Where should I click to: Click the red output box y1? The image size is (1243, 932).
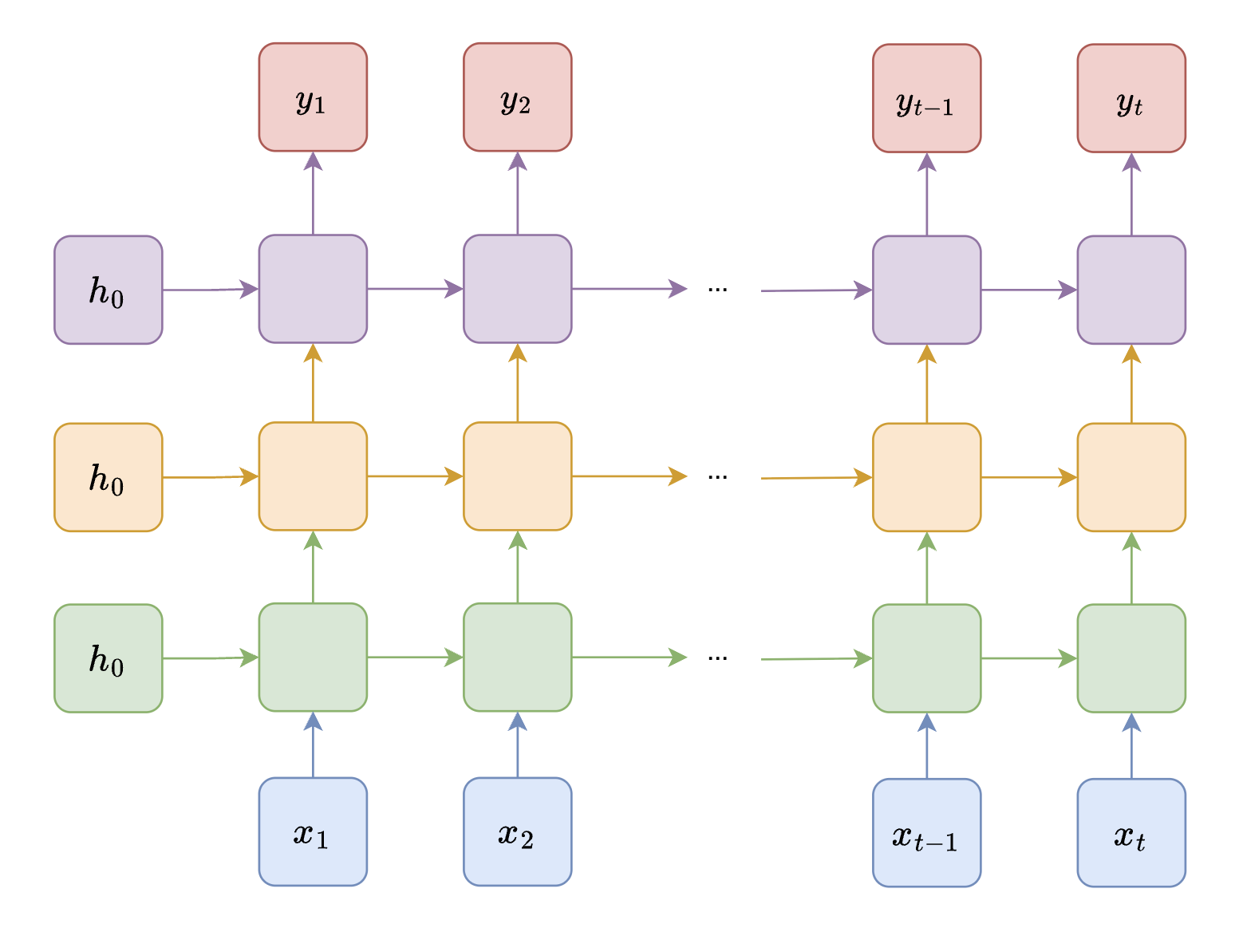tap(313, 97)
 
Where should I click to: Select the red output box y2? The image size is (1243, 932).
tap(518, 97)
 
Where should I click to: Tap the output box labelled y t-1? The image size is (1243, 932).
tap(926, 98)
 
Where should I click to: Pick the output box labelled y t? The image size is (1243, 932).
tap(1131, 98)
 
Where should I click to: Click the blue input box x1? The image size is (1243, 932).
tap(313, 831)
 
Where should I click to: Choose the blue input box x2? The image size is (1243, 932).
tap(518, 831)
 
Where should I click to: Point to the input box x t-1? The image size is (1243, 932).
tap(926, 832)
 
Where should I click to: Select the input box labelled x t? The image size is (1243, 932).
tap(1131, 832)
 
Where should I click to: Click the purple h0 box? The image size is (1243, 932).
tap(109, 290)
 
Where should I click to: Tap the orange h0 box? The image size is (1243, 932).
tap(109, 477)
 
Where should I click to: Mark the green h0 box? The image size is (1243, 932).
tap(109, 658)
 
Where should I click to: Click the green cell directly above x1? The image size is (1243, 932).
tap(313, 657)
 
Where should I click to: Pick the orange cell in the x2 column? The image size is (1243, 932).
tap(518, 476)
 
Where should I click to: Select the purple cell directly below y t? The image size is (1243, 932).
tap(1131, 290)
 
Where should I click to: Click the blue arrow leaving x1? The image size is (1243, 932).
tap(313, 745)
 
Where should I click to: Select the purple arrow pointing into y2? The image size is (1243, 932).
tap(518, 193)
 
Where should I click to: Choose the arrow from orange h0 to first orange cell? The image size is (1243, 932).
tap(211, 477)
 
